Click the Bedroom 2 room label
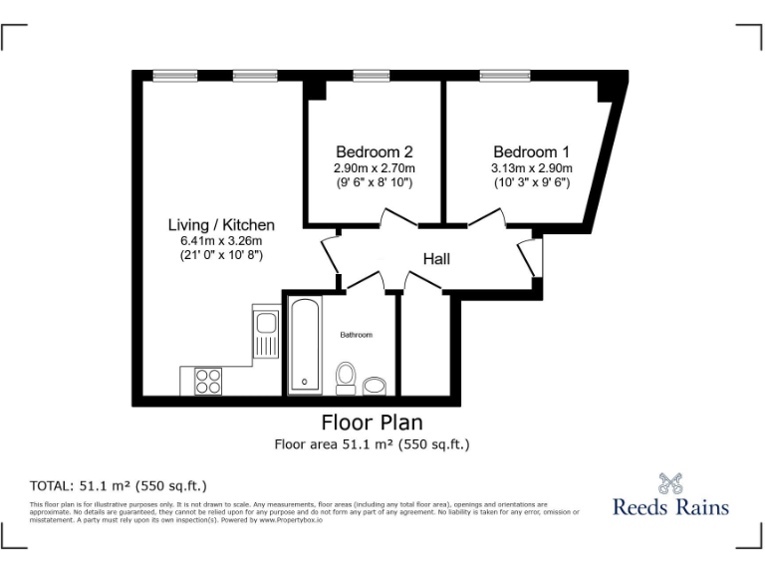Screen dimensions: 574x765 [374, 151]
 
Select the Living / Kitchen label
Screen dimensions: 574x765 [220, 224]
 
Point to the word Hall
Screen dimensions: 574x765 [436, 259]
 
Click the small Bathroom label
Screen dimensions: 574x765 [356, 335]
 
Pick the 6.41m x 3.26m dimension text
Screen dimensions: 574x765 [220, 240]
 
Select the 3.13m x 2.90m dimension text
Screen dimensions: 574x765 [532, 168]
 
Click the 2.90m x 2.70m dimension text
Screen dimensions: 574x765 [374, 168]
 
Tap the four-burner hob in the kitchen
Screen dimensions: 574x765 [208, 381]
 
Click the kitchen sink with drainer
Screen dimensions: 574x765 [265, 331]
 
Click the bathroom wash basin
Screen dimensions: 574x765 [375, 386]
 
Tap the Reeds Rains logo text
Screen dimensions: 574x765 [669, 506]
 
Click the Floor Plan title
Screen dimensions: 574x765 [372, 422]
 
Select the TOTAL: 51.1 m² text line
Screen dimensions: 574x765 [119, 486]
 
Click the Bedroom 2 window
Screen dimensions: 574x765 [372, 75]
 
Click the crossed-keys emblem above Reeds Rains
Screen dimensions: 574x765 [669, 481]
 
